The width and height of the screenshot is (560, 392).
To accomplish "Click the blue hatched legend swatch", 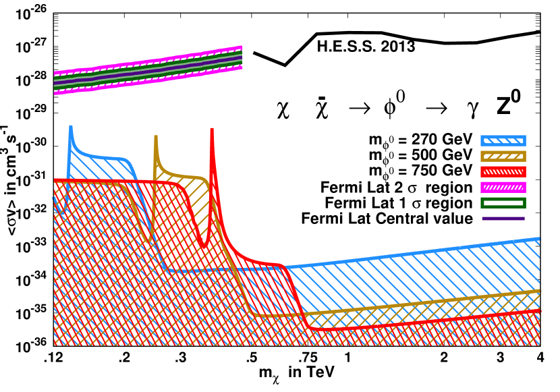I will click(503, 141).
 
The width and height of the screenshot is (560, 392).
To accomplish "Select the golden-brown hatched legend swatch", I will click(503, 157).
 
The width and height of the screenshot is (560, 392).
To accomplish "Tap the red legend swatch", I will click(503, 172).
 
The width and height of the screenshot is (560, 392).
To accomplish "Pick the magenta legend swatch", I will click(503, 188).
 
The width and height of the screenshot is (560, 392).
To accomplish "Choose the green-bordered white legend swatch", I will click(503, 202).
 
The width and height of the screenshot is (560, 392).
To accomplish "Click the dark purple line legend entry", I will click(503, 219).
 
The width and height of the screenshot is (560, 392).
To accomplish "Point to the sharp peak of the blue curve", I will click(71, 126).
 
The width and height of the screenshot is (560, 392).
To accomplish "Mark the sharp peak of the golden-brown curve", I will click(156, 137).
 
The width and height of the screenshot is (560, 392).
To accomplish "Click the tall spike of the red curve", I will click(212, 129).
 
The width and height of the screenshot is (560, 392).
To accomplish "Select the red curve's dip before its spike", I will click(204, 247).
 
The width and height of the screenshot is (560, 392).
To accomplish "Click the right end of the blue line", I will click(539, 239).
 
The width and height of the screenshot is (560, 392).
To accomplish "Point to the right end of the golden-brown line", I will click(539, 291).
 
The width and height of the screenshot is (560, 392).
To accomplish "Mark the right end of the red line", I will click(539, 311).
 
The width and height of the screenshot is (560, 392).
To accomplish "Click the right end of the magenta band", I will click(241, 57).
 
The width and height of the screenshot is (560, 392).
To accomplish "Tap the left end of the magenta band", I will click(55, 83).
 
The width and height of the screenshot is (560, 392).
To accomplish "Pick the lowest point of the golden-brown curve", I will click(270, 316).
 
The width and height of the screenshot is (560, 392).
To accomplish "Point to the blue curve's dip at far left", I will click(62, 213).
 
